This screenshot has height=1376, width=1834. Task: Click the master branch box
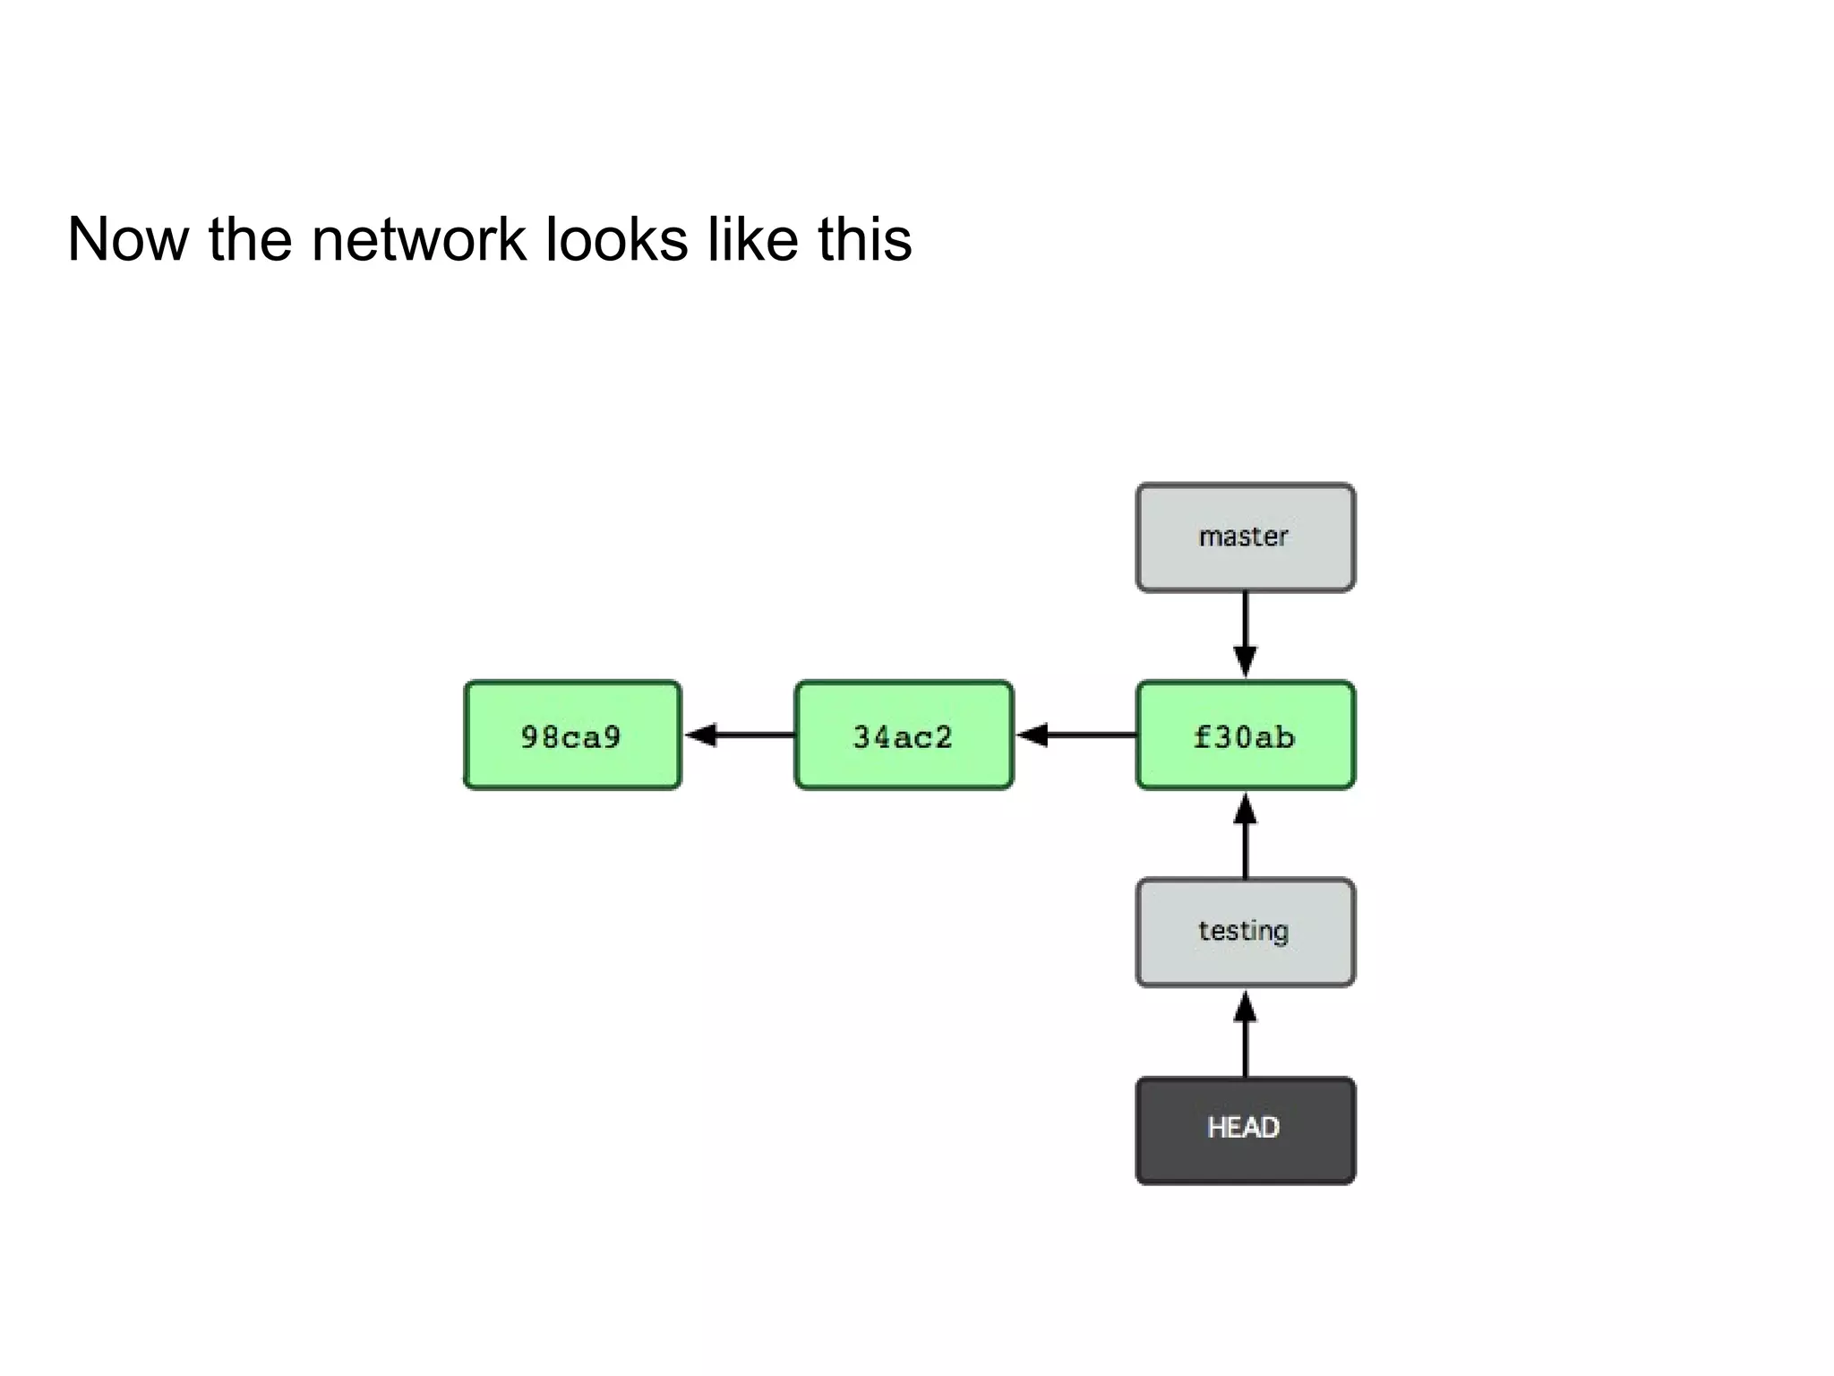coord(1245,537)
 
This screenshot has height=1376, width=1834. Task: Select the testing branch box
coord(1245,932)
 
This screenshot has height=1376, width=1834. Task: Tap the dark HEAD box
coord(1245,1130)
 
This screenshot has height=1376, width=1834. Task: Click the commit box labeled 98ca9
coord(572,735)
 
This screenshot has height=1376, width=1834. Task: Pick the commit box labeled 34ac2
coord(904,735)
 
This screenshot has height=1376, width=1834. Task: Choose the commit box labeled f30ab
coord(1245,735)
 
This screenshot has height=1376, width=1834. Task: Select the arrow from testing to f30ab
coord(1245,838)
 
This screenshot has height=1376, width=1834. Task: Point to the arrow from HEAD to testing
coord(1245,1035)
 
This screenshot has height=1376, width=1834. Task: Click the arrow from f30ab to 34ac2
coord(1079,735)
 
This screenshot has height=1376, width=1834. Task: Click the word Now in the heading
coord(128,240)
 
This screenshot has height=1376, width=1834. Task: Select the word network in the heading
coord(418,240)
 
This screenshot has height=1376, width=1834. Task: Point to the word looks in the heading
coord(616,240)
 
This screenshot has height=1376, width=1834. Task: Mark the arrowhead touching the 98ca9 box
coord(700,735)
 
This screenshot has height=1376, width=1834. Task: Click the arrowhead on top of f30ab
coord(1245,661)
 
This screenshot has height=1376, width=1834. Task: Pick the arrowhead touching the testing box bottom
coord(1245,1007)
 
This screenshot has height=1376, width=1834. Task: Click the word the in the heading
coord(250,240)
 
